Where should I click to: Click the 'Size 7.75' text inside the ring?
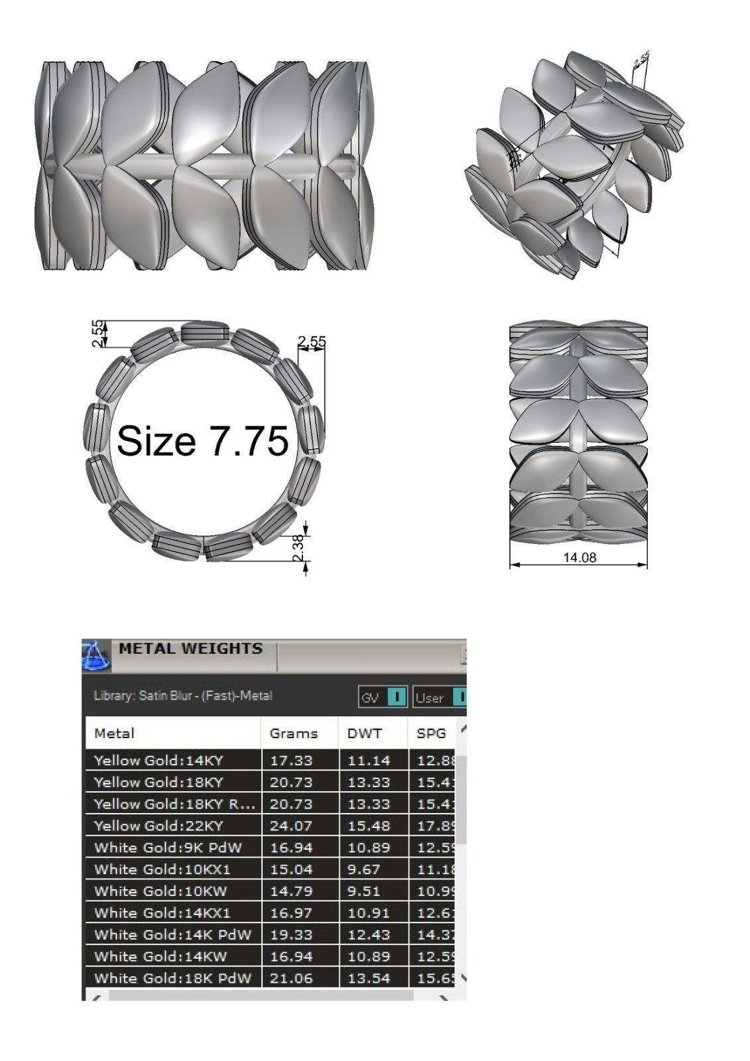(202, 440)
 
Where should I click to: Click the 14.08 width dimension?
(579, 558)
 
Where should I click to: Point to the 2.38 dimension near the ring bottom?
(299, 548)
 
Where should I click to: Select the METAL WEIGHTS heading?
(190, 649)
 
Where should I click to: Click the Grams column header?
(293, 733)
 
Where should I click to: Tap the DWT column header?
(364, 733)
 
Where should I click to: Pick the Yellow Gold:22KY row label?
(158, 826)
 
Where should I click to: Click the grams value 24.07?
(290, 826)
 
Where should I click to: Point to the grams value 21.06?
(290, 977)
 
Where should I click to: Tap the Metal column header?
(114, 733)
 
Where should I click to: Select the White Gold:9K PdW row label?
(168, 847)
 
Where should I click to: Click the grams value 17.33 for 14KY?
(290, 761)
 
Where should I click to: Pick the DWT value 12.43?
(369, 934)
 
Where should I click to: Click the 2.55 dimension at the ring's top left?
(97, 334)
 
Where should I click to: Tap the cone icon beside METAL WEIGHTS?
(95, 656)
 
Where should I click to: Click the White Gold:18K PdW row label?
(172, 977)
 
